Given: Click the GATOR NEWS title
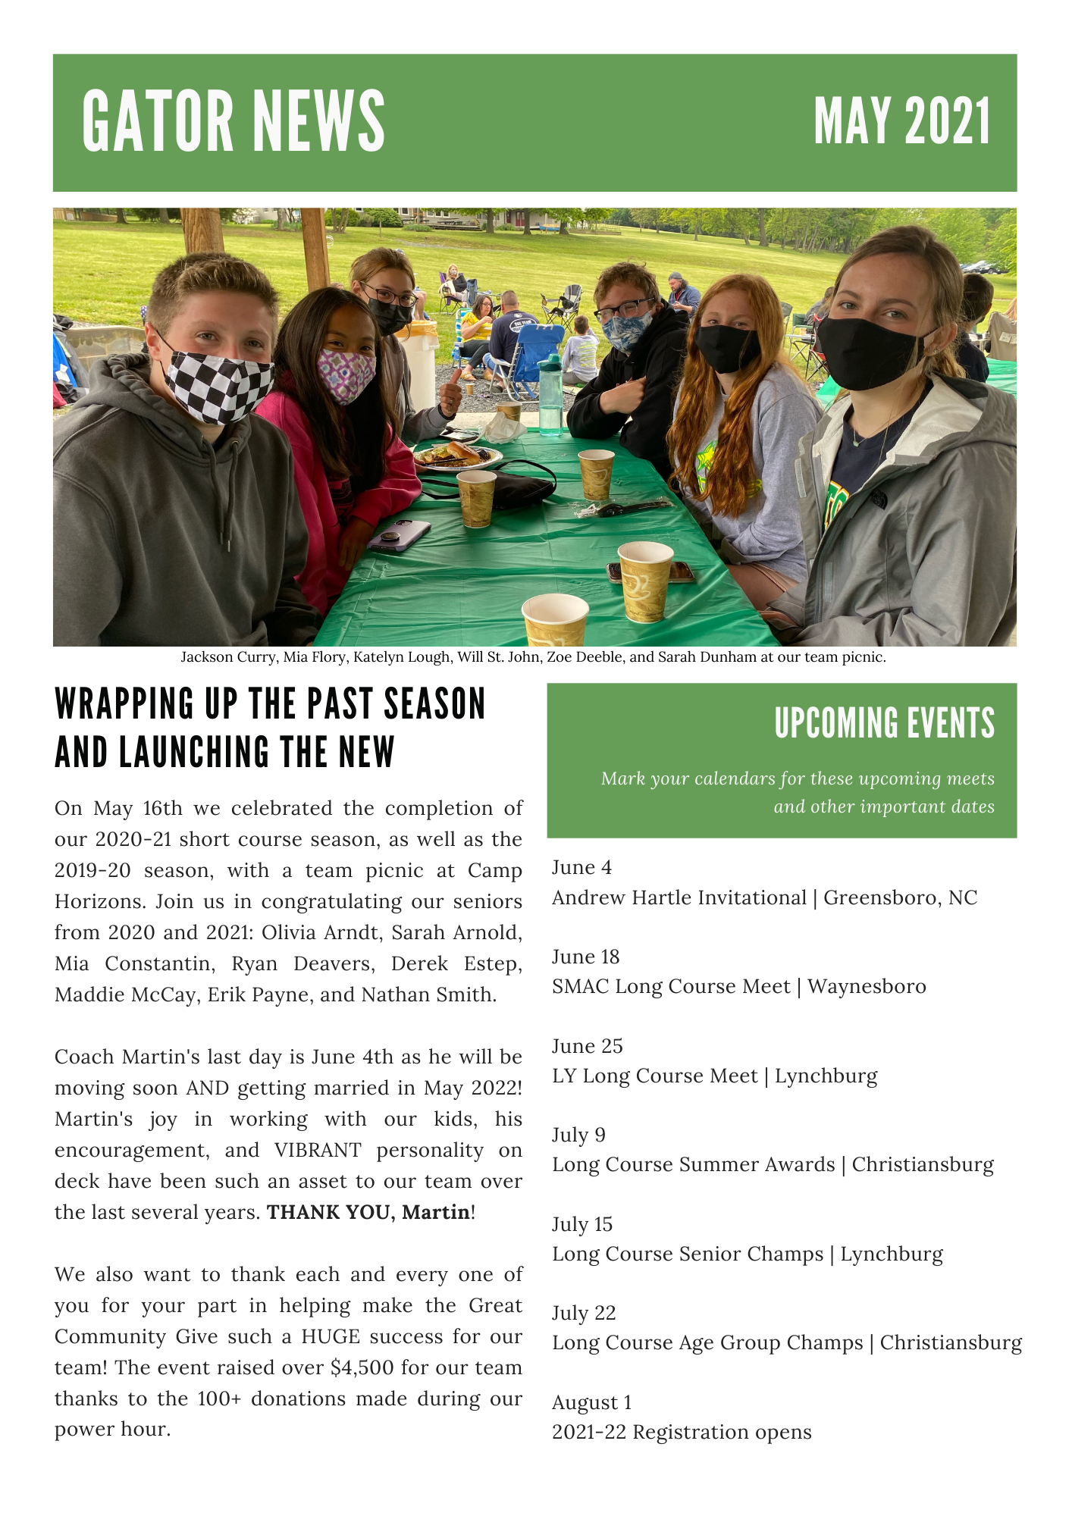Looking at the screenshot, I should point(234,121).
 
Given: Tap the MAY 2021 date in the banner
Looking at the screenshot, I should point(901,121).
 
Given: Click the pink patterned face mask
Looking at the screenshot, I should point(346,374).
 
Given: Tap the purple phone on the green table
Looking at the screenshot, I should point(399,535).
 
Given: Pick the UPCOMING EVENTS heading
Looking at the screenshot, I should point(884,723).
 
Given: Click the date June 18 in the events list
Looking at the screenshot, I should point(585,957).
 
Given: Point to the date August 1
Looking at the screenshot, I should point(591,1402).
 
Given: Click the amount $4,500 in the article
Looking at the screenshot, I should point(362,1367).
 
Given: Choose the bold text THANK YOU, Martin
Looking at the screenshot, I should point(368,1212).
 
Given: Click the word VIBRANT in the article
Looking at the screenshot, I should point(318,1150).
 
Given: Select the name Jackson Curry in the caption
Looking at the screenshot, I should point(227,657).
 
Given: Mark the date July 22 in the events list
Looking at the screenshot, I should point(584,1313).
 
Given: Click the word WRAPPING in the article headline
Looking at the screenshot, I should point(124,704).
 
